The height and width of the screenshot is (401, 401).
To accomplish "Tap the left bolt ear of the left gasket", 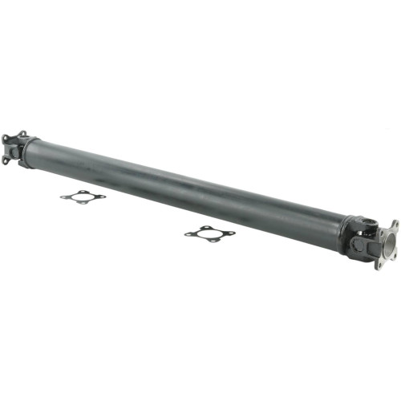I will [63, 194].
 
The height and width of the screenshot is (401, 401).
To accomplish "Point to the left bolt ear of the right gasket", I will [188, 235].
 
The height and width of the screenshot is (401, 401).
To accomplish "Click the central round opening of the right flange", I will [389, 242].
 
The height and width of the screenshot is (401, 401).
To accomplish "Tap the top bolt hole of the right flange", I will [394, 225].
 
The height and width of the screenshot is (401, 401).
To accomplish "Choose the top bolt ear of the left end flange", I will [22, 134].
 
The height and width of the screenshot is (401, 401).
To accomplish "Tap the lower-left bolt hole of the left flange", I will [6, 158].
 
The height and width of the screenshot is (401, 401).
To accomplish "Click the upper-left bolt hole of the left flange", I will [5, 138].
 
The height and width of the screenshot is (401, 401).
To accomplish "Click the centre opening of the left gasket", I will [83, 197].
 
